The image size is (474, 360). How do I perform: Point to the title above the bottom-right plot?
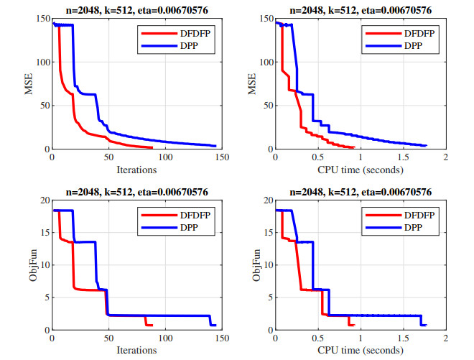tap(360, 193)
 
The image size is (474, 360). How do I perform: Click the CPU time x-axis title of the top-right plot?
tap(359, 170)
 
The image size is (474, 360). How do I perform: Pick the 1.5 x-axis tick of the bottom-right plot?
tap(402, 338)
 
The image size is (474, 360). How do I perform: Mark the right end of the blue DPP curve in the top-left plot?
tap(215, 147)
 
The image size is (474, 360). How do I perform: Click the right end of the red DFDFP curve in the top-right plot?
tap(354, 147)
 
